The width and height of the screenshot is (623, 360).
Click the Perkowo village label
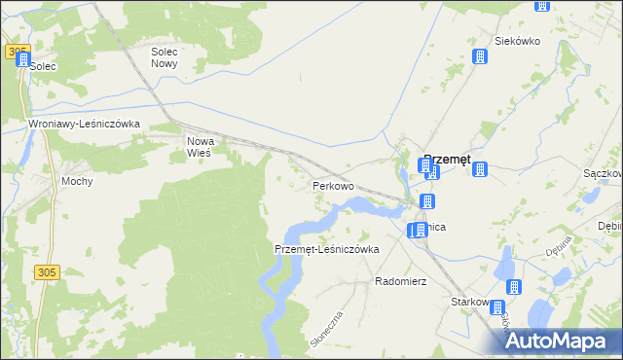coord(332,185)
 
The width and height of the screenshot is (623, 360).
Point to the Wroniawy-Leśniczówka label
coord(86,125)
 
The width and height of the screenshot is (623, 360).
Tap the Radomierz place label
coord(401,281)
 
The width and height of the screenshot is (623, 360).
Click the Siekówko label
coord(517,41)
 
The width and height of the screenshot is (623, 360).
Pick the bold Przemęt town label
coord(448,162)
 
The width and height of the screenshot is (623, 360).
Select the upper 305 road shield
coord(17,51)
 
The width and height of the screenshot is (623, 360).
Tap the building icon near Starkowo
coord(513,288)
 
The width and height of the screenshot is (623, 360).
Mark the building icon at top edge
coord(541,5)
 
